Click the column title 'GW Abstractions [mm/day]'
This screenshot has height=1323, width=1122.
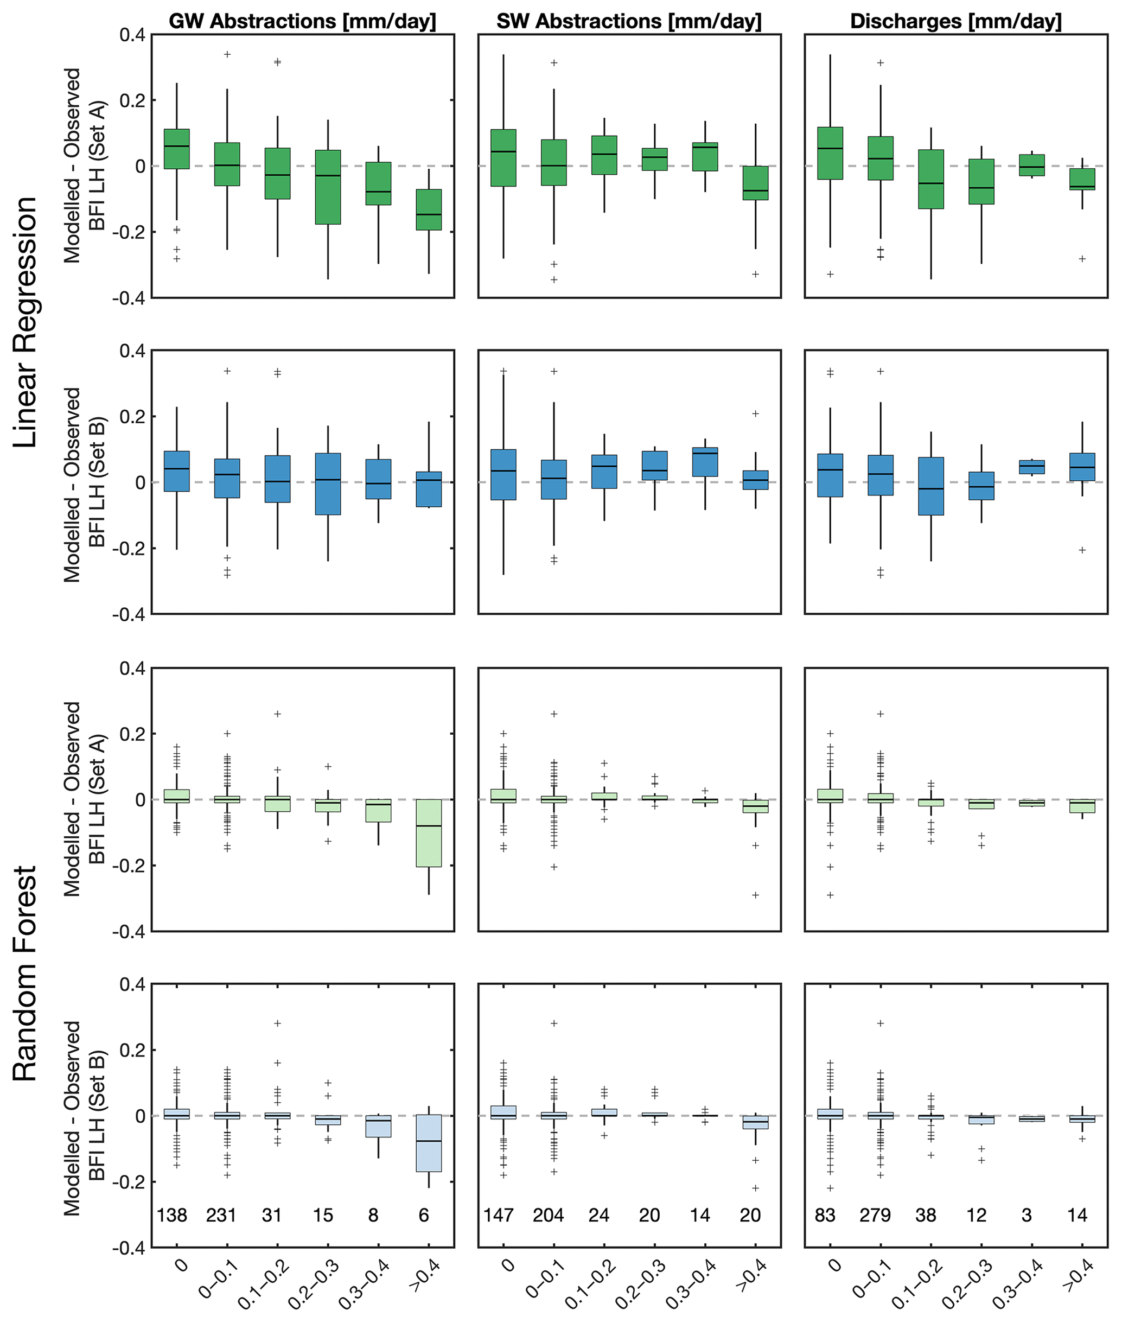[302, 21]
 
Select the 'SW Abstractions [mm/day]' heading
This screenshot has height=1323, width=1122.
[628, 21]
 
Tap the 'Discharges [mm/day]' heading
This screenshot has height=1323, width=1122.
[955, 21]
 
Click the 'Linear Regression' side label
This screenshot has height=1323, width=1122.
[26, 322]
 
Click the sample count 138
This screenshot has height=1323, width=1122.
[172, 1216]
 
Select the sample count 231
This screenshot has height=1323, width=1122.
[221, 1216]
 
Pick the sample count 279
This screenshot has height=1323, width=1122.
[875, 1216]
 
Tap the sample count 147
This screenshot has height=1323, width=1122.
[498, 1216]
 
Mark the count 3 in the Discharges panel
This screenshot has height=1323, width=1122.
[1027, 1216]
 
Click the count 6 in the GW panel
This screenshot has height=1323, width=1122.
[424, 1216]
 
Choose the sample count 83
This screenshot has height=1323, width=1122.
[825, 1216]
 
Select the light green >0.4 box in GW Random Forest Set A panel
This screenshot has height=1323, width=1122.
[429, 832]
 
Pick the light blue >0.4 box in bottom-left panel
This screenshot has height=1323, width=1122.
[429, 1143]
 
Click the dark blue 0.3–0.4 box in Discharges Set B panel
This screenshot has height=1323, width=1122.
[1032, 467]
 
